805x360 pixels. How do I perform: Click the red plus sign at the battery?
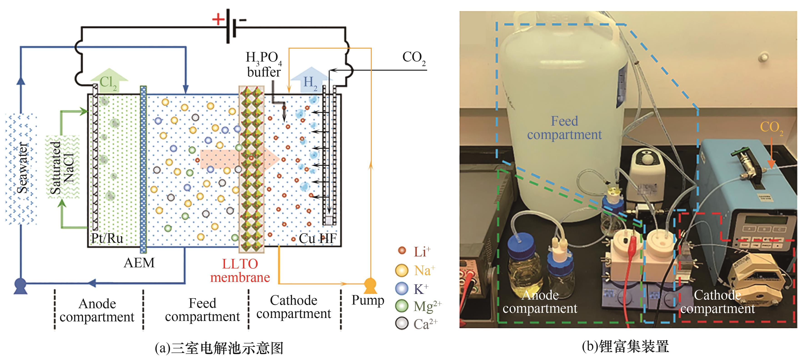218,19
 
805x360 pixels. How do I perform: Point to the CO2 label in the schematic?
414,58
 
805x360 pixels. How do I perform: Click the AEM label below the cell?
139,263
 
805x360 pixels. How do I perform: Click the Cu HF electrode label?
317,238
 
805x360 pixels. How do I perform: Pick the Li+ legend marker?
402,251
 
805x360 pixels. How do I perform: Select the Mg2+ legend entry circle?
402,306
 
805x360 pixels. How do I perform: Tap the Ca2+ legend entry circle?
402,323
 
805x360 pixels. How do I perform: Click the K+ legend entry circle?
402,288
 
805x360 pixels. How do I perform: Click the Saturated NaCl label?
62,167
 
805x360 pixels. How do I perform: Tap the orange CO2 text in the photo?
771,127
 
